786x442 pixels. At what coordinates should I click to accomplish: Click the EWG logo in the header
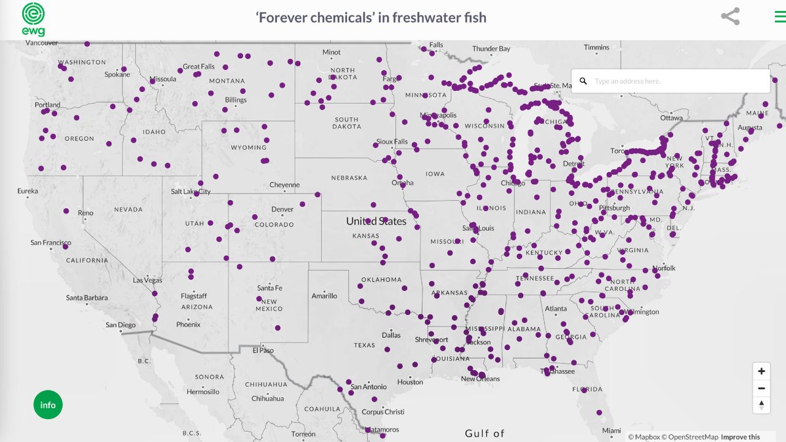[33, 19]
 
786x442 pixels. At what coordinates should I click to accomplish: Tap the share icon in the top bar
[730, 17]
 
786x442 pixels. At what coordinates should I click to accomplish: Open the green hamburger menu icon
[780, 17]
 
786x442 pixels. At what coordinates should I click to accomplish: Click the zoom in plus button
[761, 371]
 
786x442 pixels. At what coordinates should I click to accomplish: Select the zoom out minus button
[761, 388]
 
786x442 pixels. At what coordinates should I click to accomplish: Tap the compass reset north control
[761, 405]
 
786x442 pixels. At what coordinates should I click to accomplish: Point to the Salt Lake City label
[190, 192]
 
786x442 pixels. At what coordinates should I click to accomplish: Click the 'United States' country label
[376, 221]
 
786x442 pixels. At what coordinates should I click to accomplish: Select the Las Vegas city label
[147, 281]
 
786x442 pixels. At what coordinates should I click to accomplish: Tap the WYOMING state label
[249, 147]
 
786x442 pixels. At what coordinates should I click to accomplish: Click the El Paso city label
[263, 351]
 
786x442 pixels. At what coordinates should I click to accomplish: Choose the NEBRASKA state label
[349, 178]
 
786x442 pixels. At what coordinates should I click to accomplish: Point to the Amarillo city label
[324, 296]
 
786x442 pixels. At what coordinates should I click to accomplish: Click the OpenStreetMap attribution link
[690, 437]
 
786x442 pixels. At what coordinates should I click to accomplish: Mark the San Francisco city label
[50, 243]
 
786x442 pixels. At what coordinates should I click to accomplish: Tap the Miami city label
[611, 430]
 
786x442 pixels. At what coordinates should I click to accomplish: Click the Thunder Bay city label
[491, 49]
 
